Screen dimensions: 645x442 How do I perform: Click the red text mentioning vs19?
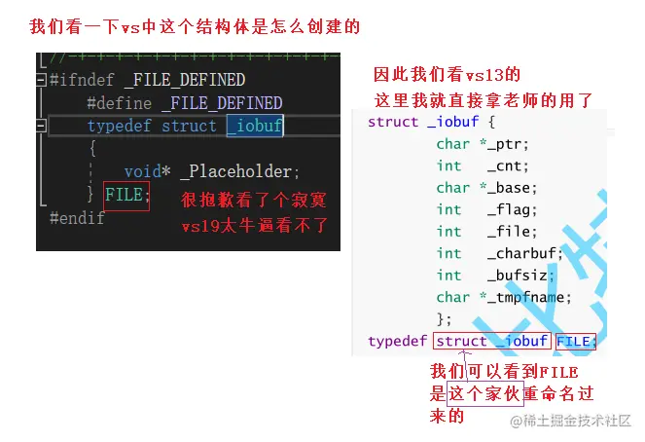(255, 226)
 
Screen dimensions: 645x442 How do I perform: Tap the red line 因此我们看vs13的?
(448, 75)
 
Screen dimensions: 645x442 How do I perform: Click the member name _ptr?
(510, 144)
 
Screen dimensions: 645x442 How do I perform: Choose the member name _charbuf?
(525, 253)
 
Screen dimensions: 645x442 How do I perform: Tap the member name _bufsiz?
(521, 276)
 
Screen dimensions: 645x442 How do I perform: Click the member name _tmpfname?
(530, 297)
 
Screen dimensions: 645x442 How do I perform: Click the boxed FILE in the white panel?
(574, 342)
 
